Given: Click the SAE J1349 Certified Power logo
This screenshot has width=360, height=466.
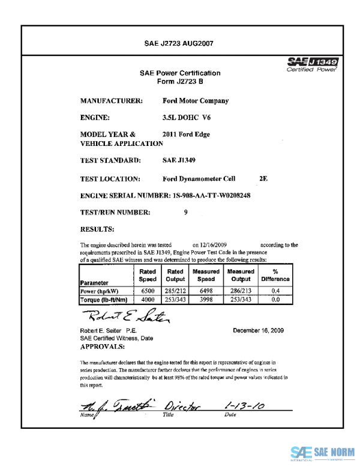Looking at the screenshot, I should (313, 64).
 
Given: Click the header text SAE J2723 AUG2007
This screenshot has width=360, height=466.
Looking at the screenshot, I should (180, 44).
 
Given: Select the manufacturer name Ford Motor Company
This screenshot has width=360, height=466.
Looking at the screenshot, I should (196, 101).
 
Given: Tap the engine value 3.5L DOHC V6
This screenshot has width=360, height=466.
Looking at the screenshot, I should (187, 118).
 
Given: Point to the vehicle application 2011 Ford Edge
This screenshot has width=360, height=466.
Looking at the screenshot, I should (187, 135).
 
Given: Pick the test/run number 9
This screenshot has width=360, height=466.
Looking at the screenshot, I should (186, 212).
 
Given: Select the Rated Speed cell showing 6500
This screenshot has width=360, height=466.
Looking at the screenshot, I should (148, 291).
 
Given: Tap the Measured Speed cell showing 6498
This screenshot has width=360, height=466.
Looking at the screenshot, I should (206, 291).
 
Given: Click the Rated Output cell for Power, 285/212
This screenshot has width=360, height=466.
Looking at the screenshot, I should (175, 291).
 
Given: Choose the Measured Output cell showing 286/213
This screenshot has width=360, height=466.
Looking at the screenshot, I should (241, 291).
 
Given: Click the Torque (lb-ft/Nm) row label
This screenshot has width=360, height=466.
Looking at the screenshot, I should (103, 299).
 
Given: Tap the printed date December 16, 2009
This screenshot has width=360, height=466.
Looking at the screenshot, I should (258, 331).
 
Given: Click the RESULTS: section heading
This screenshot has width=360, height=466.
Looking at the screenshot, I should (97, 229).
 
